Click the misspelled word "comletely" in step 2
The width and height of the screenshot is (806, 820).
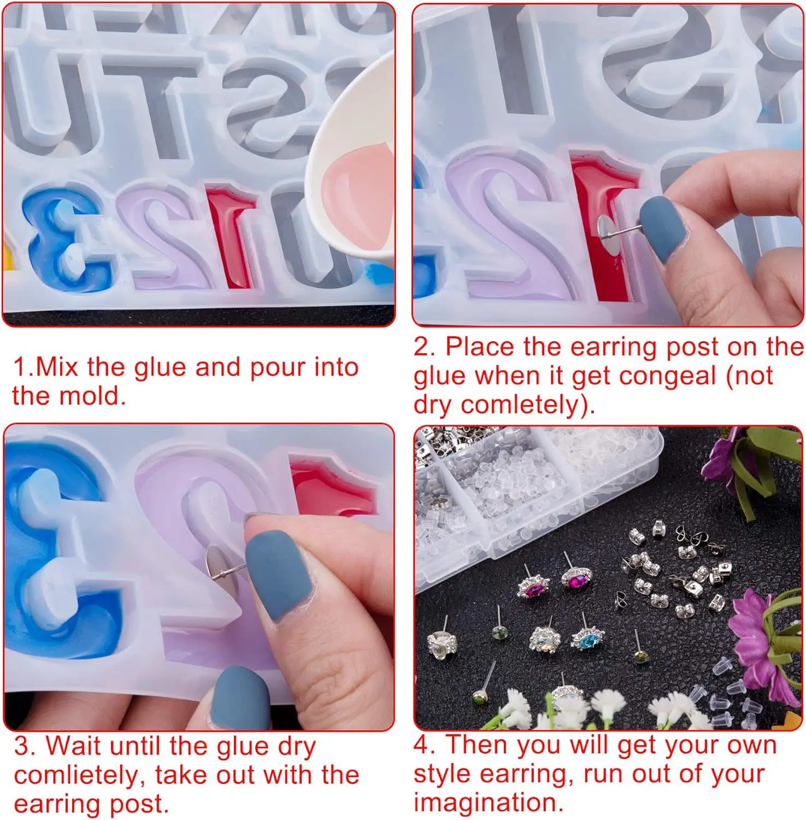tap(526, 405)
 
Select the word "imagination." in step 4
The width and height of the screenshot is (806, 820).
tap(489, 803)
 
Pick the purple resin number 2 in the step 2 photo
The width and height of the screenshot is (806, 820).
tap(511, 230)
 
